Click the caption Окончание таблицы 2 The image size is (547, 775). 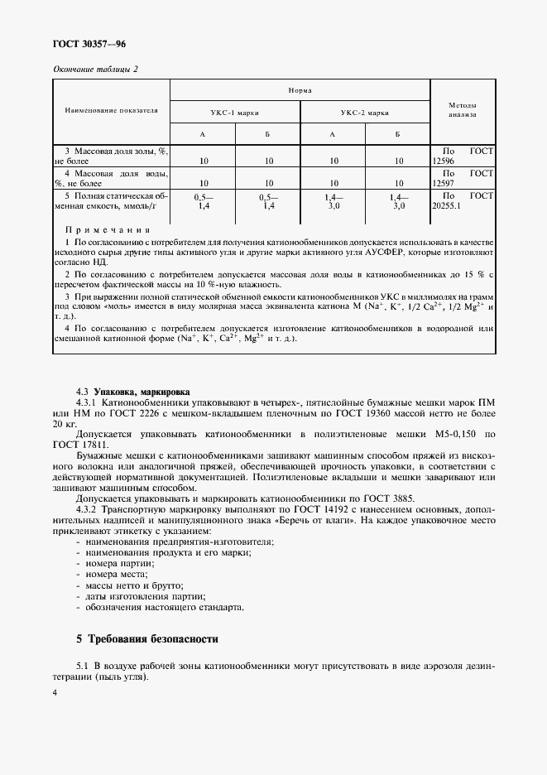(x=94, y=69)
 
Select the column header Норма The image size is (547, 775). (x=300, y=89)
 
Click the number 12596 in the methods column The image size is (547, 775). (x=445, y=161)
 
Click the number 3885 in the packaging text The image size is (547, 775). (x=341, y=499)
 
